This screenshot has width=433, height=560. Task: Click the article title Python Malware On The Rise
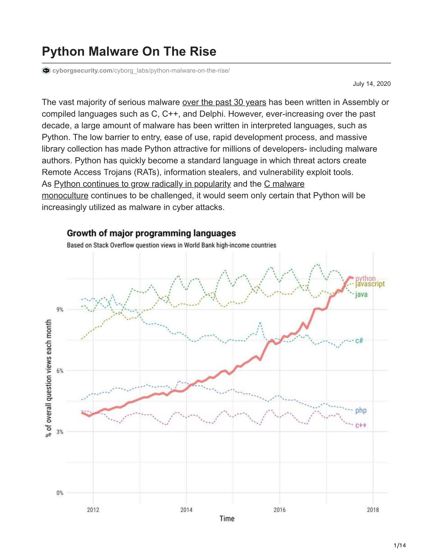(x=129, y=51)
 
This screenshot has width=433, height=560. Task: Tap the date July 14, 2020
(x=372, y=84)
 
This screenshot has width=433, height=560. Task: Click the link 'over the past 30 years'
(x=224, y=102)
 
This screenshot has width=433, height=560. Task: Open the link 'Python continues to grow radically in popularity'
(x=142, y=184)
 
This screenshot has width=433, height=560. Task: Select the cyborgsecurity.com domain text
(x=82, y=71)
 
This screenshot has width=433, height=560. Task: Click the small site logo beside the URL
(x=46, y=71)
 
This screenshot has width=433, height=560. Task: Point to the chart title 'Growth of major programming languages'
(x=151, y=233)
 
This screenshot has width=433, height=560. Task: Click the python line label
(x=365, y=279)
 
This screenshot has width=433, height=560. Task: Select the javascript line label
(x=370, y=284)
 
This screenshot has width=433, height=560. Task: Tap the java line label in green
(x=361, y=295)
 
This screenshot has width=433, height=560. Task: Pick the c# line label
(x=359, y=341)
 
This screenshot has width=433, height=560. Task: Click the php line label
(x=361, y=411)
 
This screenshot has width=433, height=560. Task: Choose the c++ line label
(x=361, y=425)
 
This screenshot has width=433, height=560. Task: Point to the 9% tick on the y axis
(x=60, y=310)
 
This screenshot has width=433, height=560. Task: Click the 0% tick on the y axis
(x=60, y=493)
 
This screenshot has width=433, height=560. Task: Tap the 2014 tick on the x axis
(x=186, y=510)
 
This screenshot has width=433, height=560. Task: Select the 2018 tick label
(x=373, y=510)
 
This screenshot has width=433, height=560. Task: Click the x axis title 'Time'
(x=227, y=519)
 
